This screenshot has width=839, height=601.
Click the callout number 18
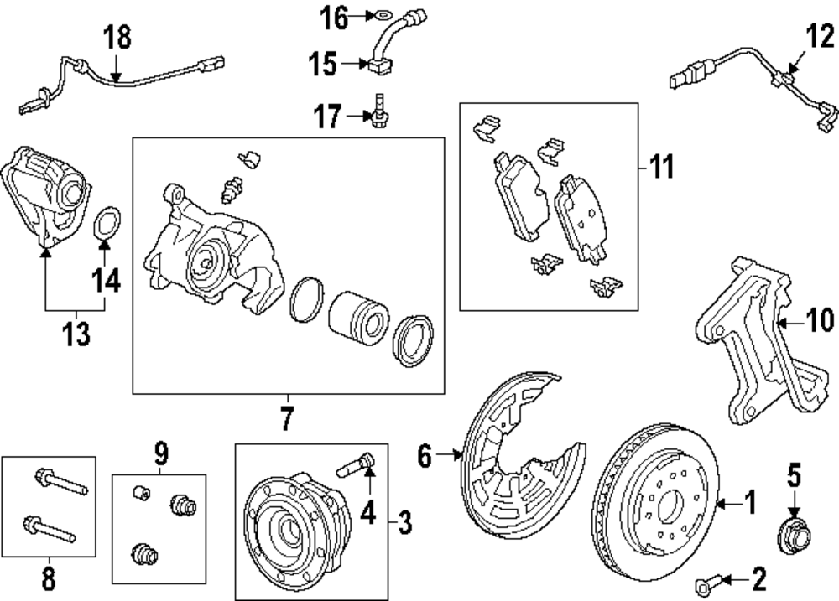[117, 38]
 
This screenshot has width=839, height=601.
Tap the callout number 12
[821, 36]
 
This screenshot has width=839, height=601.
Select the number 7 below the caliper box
[287, 418]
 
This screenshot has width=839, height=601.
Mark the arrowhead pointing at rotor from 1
[720, 504]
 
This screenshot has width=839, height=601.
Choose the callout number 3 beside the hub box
[405, 522]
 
